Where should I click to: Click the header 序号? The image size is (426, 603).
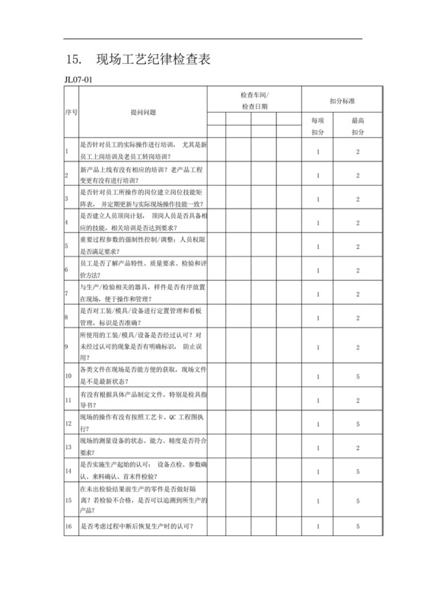[68, 112]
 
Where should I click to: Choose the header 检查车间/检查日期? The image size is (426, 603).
[254, 100]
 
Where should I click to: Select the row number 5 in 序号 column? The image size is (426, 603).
[67, 246]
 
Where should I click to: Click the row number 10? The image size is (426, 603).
[68, 376]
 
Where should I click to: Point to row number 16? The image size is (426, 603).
[68, 526]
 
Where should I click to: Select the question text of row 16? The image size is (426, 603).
[136, 526]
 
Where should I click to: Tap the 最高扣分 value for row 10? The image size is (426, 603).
[358, 376]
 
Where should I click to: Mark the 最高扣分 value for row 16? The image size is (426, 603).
[358, 526]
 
